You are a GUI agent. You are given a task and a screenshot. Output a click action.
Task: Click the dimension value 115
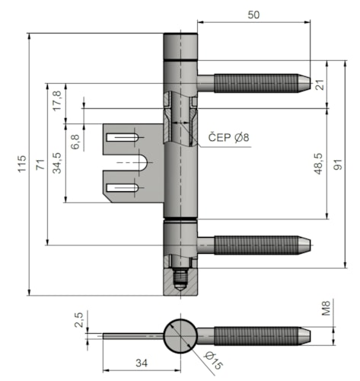tap(22, 164)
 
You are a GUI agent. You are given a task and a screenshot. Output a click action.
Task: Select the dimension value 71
tap(40, 165)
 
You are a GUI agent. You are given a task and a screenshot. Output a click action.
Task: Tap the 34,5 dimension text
tap(57, 163)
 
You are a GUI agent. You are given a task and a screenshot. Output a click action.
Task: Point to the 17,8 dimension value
tap(57, 101)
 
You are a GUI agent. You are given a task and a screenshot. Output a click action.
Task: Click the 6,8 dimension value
tap(75, 142)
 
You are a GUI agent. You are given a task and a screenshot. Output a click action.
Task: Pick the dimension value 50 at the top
tap(253, 15)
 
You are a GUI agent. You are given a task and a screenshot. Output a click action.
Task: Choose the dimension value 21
tap(320, 85)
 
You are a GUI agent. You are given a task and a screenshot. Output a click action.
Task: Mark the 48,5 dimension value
tap(318, 164)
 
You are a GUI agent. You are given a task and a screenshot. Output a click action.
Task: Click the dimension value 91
tap(337, 165)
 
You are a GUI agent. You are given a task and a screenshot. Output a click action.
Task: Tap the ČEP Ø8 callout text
tap(228, 137)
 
